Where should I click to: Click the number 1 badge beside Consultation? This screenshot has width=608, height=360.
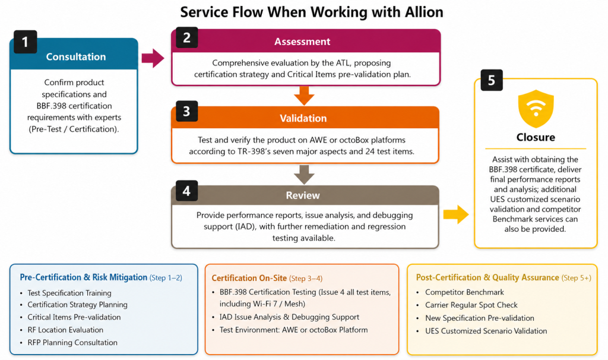click(x=25, y=42)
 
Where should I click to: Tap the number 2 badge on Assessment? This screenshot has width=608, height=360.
click(x=186, y=37)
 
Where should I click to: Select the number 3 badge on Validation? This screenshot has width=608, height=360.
click(x=186, y=111)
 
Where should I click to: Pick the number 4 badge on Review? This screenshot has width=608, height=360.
click(x=186, y=191)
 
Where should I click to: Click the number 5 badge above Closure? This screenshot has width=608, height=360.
click(x=492, y=80)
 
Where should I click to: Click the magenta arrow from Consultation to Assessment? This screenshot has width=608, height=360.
click(x=153, y=58)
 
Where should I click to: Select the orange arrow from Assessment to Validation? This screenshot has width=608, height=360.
click(x=305, y=96)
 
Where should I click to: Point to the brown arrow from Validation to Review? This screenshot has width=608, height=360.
click(x=305, y=175)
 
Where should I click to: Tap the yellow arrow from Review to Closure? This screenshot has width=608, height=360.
click(x=456, y=214)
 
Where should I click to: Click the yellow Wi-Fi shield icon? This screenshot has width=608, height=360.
click(x=536, y=109)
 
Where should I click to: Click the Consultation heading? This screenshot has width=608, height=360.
click(x=76, y=56)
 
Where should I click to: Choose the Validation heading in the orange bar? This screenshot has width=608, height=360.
click(x=303, y=118)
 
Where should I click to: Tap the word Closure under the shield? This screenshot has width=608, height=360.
click(x=536, y=137)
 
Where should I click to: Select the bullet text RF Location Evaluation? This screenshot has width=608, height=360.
click(x=65, y=330)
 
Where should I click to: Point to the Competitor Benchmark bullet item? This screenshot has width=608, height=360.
click(x=464, y=292)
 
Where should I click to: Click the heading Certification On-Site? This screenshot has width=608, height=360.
click(x=249, y=278)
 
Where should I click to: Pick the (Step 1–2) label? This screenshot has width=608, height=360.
click(x=166, y=278)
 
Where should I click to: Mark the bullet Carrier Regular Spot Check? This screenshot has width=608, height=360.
click(x=471, y=305)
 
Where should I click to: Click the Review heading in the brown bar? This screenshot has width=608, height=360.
click(x=303, y=195)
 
